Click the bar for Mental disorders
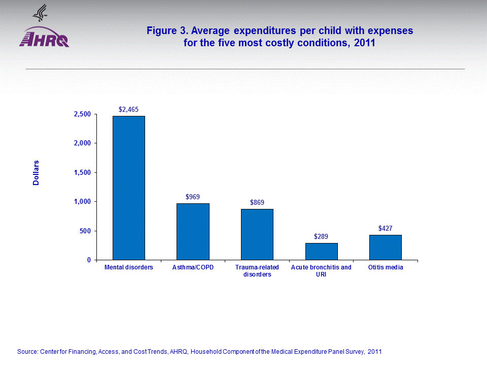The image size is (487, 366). (128, 188)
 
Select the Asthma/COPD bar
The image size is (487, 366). (193, 232)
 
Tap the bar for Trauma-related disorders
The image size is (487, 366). (257, 234)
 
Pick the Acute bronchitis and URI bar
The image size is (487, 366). (321, 251)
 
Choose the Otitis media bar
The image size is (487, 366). (385, 247)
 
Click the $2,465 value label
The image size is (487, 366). (128, 109)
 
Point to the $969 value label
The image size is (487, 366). (193, 196)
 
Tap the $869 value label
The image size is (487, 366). (257, 202)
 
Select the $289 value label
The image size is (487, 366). (321, 236)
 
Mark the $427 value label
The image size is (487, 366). (385, 228)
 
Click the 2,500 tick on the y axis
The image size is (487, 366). (81, 114)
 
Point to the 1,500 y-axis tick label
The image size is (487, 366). (81, 173)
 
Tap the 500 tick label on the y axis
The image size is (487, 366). (85, 231)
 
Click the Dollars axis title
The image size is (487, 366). (36, 173)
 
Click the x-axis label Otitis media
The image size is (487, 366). (386, 267)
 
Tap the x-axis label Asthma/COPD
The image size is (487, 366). (193, 267)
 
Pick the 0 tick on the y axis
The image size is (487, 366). (88, 260)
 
